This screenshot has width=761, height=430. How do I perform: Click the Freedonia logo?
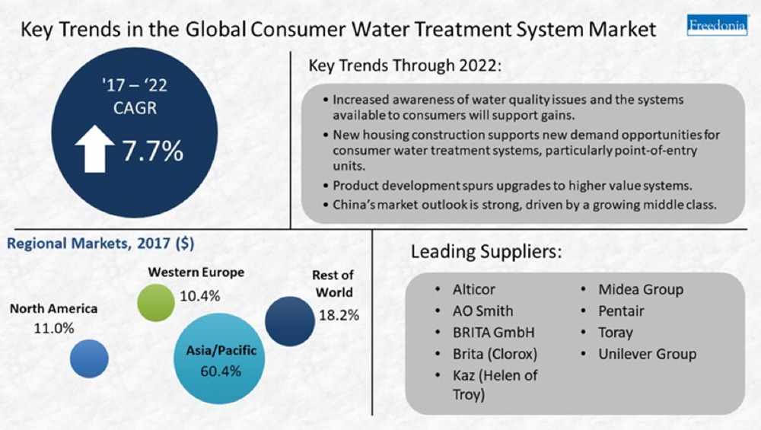click(718, 25)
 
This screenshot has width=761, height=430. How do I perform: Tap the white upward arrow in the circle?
click(94, 149)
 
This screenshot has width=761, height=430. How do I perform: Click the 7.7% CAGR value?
click(152, 151)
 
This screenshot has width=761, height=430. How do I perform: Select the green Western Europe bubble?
click(156, 303)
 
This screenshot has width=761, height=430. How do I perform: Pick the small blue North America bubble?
click(89, 358)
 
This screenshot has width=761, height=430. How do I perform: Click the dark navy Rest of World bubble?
click(290, 321)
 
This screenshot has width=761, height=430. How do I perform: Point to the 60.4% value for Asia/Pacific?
click(221, 371)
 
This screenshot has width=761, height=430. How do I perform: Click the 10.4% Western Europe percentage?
click(200, 295)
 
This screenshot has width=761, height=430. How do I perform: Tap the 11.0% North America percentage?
click(54, 329)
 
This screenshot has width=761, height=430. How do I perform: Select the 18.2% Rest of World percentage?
click(339, 316)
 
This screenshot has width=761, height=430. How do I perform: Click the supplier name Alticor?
click(473, 290)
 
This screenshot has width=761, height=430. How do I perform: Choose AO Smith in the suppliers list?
click(483, 311)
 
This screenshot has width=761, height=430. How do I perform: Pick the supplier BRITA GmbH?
click(494, 333)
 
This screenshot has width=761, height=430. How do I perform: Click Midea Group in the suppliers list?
click(641, 290)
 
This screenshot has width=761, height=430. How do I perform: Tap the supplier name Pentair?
click(621, 311)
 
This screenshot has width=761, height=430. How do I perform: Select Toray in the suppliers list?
click(616, 333)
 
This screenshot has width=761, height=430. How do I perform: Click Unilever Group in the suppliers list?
click(648, 355)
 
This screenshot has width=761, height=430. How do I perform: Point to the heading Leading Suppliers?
click(486, 252)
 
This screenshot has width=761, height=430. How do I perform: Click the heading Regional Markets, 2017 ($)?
click(100, 243)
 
